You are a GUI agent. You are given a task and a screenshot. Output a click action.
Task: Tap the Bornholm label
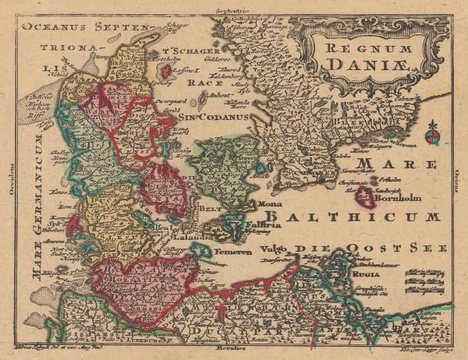[399, 198]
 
